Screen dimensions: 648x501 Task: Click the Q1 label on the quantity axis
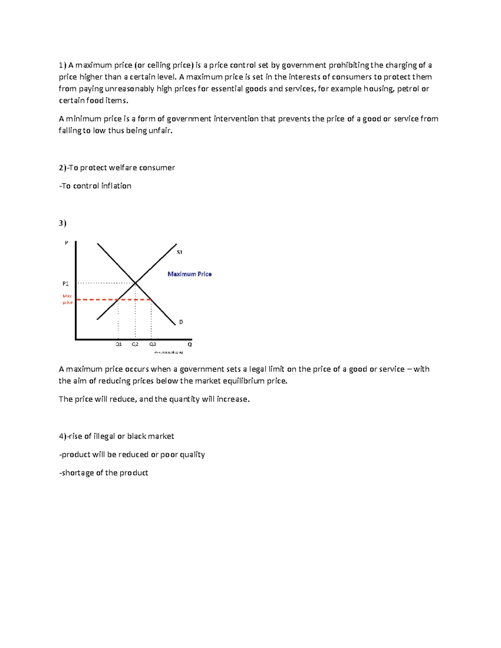coord(119,344)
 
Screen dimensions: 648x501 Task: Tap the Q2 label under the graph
coord(135,344)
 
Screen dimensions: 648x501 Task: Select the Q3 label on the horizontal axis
coord(153,344)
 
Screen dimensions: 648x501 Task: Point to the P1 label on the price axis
coord(66,284)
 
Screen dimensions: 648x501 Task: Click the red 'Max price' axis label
coord(67,299)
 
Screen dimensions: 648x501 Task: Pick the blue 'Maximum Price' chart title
coord(190,274)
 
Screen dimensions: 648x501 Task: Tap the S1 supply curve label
coord(180,252)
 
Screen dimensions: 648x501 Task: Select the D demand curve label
coord(181,322)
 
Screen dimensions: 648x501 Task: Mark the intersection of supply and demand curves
coord(136,283)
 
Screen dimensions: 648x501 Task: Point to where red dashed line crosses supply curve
coord(119,300)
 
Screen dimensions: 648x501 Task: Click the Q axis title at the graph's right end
coord(190,344)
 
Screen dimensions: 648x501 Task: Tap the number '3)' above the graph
coord(63,223)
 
